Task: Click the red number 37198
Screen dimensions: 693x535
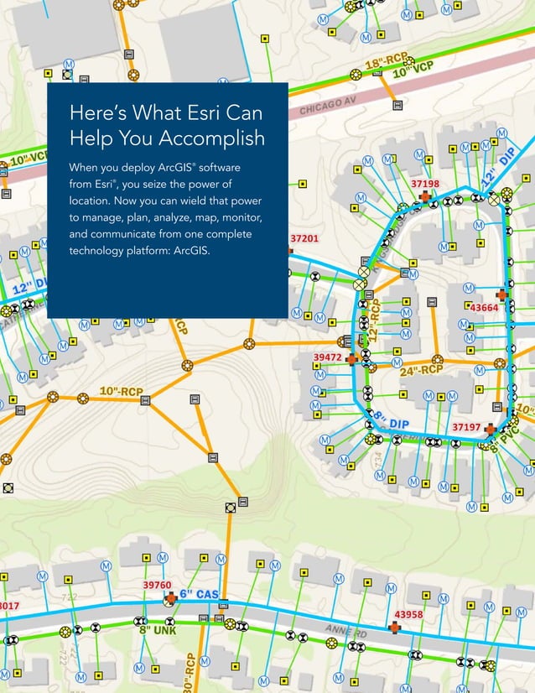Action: tap(425, 183)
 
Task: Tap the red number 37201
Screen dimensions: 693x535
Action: tap(304, 239)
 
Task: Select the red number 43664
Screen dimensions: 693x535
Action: tap(484, 308)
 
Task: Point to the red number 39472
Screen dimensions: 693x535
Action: tap(327, 357)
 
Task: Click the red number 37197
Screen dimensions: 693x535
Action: tap(466, 427)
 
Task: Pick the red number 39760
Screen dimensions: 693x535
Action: tap(157, 585)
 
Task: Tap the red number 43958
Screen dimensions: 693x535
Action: tap(408, 615)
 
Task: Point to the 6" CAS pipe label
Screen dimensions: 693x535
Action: tap(199, 595)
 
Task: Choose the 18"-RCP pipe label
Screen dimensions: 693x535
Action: tap(386, 61)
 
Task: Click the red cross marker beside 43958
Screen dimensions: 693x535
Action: tap(393, 628)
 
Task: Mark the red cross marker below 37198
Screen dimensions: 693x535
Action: tap(425, 195)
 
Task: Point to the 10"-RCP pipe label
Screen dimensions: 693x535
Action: tap(121, 391)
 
